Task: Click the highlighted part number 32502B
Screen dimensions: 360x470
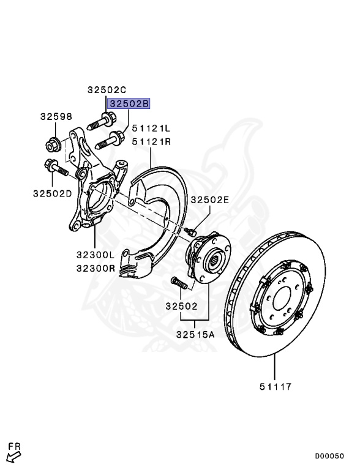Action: [129, 103]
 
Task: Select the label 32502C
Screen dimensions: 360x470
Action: [107, 89]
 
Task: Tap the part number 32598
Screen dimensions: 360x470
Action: [56, 116]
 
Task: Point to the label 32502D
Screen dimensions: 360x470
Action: [53, 193]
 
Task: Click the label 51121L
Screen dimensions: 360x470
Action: [151, 129]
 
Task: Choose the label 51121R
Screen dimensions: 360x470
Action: [151, 141]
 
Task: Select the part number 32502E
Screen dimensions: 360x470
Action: [210, 200]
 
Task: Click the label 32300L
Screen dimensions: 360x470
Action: [96, 255]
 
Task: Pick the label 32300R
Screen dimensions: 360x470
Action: [96, 268]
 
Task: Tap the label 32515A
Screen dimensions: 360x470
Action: [195, 334]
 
